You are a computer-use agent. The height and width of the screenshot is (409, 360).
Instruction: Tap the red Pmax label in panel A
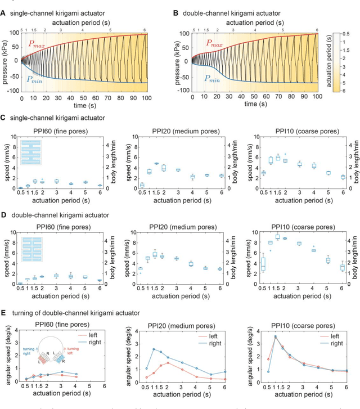[34, 43]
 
